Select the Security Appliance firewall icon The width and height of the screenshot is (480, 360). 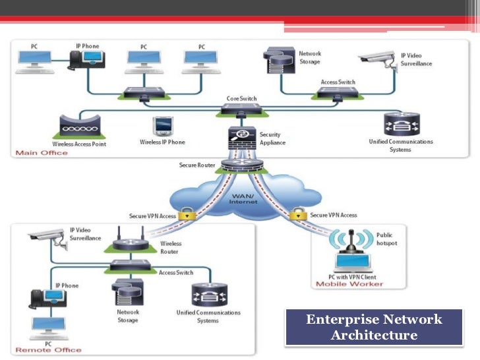242,137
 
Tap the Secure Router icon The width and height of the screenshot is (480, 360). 242,165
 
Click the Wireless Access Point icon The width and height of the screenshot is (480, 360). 80,127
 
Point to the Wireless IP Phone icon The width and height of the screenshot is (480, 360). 163,126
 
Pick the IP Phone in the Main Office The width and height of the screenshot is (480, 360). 87,60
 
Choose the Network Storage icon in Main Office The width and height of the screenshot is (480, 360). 279,60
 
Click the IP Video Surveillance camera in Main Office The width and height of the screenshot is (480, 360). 378,61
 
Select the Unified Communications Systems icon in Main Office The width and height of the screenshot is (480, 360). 402,124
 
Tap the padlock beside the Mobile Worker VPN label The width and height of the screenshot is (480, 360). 298,214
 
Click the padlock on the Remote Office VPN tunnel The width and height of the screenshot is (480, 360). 187,214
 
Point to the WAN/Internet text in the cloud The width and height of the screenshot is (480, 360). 243,199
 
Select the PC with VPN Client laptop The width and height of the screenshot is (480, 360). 353,262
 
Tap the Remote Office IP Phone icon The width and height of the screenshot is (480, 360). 48,299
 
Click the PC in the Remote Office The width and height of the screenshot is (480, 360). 48,328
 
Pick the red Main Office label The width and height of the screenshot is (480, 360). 42,153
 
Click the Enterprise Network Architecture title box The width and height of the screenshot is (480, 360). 374,327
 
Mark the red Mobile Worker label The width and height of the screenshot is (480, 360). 349,284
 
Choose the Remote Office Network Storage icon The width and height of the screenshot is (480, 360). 128,292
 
